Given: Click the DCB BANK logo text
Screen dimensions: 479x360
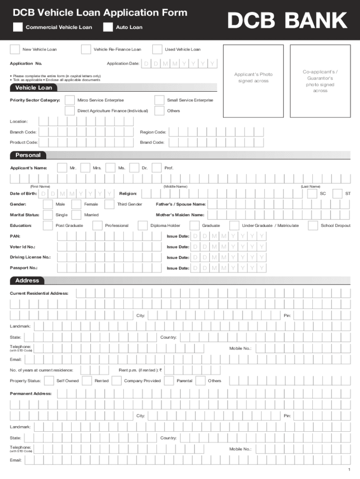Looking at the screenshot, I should point(287,21).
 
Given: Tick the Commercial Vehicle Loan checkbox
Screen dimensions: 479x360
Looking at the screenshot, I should point(18,27).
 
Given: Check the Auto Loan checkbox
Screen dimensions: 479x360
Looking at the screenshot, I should point(108,27).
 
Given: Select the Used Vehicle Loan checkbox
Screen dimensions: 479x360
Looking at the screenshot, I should point(157,49).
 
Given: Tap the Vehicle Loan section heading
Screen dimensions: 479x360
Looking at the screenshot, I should point(34,87).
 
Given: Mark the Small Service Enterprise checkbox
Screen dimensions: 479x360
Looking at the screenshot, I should point(159,100).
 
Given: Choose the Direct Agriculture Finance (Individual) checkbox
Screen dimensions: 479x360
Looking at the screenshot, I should point(69,111).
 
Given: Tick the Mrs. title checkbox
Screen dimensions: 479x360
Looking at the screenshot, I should point(85,168).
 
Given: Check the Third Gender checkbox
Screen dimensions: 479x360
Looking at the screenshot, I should point(109,204).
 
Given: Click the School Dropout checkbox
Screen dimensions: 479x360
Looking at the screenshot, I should point(313,225).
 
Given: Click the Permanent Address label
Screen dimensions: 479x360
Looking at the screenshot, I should point(31,394).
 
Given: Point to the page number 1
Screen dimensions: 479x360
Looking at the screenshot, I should point(349,469).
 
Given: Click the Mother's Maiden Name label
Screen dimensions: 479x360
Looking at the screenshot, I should point(180,215).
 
